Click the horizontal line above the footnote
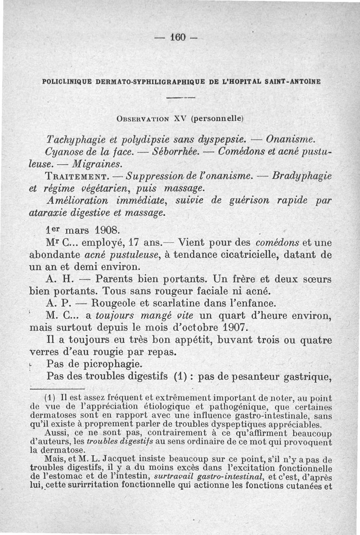(x=57, y=388)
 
